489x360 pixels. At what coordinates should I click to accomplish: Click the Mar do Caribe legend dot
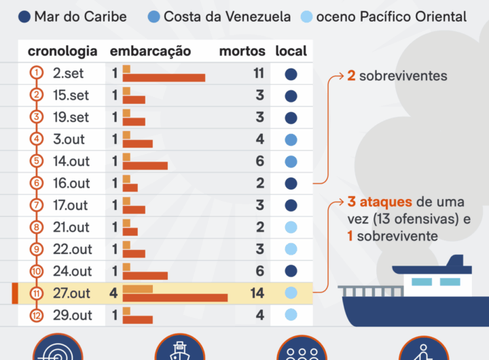tap(24, 17)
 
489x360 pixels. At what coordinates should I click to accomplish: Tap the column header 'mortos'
tap(241, 51)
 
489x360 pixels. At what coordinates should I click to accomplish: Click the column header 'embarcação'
tap(150, 51)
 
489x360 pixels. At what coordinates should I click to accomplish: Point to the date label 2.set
tap(69, 73)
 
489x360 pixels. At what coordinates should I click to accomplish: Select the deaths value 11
tap(258, 73)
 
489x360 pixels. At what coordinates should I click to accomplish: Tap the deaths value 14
tap(256, 293)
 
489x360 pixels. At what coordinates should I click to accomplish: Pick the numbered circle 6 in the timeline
tap(37, 183)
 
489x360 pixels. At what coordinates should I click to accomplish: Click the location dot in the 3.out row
tap(291, 140)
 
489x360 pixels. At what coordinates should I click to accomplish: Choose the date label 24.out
tap(72, 272)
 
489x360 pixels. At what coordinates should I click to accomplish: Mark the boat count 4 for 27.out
tap(114, 293)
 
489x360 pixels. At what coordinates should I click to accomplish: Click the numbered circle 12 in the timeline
tap(37, 315)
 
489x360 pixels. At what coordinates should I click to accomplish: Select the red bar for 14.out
tap(145, 166)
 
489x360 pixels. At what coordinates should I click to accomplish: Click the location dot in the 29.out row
tap(291, 315)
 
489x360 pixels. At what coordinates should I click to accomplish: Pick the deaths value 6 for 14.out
tap(259, 162)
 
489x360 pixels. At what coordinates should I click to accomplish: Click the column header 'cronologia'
tap(62, 51)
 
